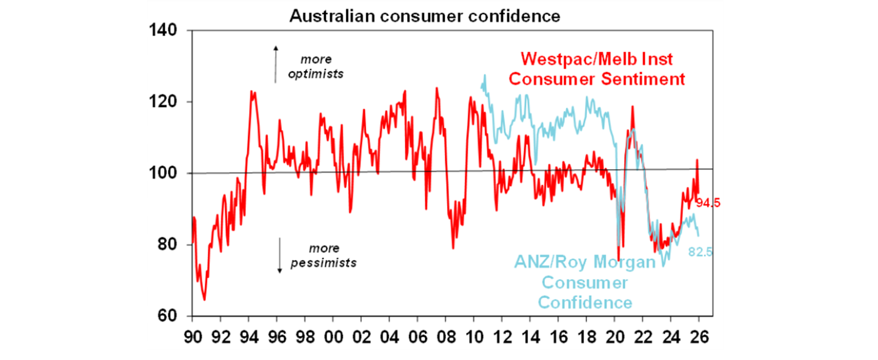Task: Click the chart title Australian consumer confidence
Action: click(424, 15)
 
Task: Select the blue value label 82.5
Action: click(700, 252)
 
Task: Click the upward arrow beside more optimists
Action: click(276, 64)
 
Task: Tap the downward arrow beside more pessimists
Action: click(280, 255)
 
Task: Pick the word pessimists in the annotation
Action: click(324, 263)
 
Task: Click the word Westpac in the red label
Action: click(550, 60)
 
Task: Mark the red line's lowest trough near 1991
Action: click(204, 299)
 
